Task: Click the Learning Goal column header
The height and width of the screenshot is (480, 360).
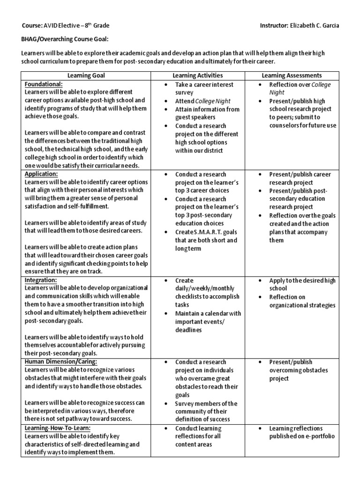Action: pos(86,75)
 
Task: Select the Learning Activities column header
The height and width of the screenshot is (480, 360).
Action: pos(197,75)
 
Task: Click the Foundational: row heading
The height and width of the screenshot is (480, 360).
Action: pos(43,83)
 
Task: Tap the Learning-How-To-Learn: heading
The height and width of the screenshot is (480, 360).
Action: pos(58,428)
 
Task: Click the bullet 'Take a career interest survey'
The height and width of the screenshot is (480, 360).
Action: pos(204,88)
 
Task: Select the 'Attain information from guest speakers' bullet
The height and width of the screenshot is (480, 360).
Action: pos(207,113)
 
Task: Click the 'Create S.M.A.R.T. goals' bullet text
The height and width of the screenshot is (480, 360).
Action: pos(206,240)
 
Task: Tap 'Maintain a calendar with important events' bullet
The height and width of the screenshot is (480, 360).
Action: pos(208,322)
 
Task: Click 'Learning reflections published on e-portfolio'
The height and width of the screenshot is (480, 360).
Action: pos(302,432)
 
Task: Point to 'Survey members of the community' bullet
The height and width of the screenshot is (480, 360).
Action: pos(206,411)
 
